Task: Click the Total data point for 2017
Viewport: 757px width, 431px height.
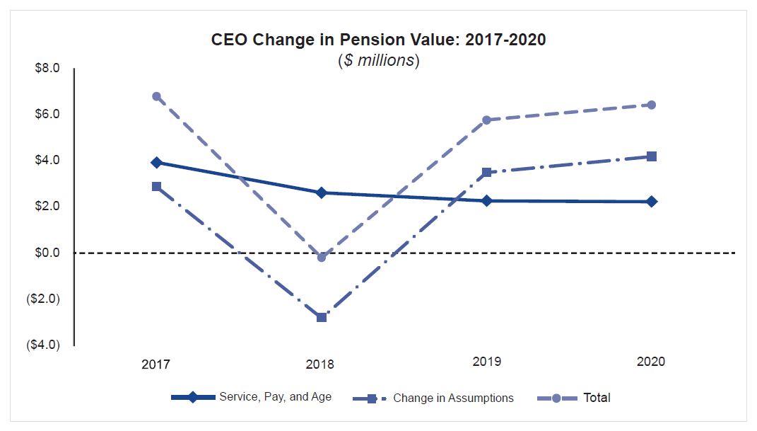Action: click(x=156, y=96)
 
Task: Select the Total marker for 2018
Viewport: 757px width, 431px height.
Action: click(x=322, y=257)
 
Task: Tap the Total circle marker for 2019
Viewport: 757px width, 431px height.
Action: click(x=486, y=120)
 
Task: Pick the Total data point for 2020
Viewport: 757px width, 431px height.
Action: click(x=652, y=105)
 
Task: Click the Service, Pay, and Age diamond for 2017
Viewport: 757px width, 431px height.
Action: click(x=156, y=162)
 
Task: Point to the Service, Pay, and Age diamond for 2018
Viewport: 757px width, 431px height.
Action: click(x=322, y=192)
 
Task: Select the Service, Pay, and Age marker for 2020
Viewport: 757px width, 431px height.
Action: click(x=652, y=202)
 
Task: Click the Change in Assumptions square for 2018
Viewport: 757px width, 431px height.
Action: click(x=322, y=317)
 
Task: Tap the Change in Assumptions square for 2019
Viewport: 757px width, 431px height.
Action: click(x=486, y=172)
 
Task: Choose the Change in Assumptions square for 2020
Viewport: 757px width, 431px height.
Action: click(x=652, y=156)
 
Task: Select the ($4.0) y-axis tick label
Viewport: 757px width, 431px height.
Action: click(x=43, y=345)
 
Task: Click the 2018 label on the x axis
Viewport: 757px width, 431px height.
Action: click(x=320, y=365)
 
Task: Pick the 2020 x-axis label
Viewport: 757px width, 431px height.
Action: click(x=651, y=362)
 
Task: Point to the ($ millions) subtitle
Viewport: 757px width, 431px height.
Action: click(x=378, y=60)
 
